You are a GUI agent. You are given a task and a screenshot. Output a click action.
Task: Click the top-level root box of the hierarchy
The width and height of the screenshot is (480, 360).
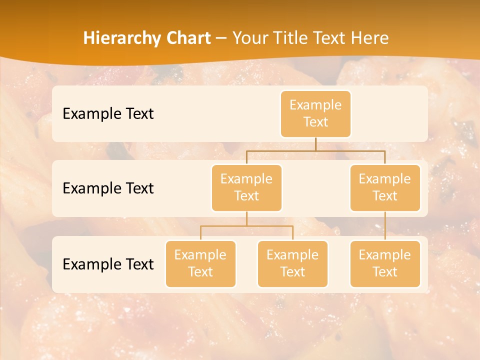click(x=315, y=113)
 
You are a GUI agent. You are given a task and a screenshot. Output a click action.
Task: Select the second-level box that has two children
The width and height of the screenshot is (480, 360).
click(x=246, y=187)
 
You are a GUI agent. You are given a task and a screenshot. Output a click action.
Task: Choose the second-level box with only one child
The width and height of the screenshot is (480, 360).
click(x=385, y=187)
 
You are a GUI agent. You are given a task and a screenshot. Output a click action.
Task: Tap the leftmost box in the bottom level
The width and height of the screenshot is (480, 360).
click(x=200, y=263)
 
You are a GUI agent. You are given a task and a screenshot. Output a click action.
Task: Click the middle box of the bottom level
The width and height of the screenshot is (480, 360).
click(x=292, y=263)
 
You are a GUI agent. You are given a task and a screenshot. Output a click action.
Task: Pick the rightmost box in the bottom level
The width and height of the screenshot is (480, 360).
click(x=385, y=263)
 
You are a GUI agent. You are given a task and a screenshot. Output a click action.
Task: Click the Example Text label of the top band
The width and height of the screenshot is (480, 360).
click(x=108, y=113)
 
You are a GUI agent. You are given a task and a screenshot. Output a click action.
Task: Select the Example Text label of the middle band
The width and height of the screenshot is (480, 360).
click(x=108, y=188)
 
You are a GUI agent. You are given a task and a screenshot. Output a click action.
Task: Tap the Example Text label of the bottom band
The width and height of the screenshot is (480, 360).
click(x=108, y=264)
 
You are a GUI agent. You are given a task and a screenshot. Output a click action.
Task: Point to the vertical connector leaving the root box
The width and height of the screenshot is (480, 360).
click(x=315, y=144)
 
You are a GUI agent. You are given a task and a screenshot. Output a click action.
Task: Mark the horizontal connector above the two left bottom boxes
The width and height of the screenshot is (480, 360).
click(x=246, y=226)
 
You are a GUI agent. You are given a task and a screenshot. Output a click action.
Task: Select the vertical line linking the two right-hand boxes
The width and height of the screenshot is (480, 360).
click(x=385, y=226)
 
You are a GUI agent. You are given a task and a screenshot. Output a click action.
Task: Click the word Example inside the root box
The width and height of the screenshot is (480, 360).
click(x=315, y=105)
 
